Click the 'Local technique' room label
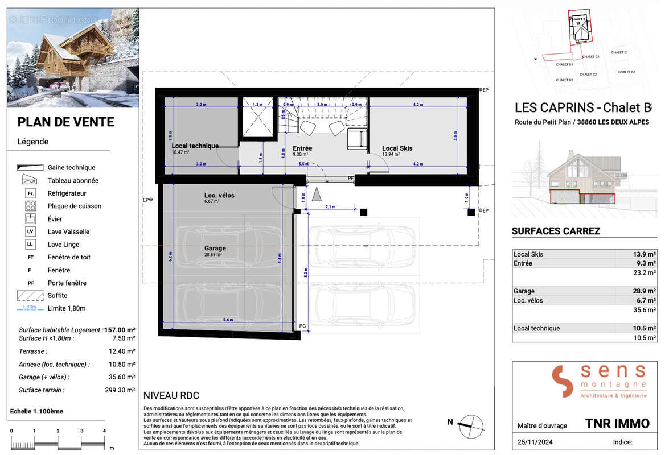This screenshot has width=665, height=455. pyautogui.click(x=195, y=146)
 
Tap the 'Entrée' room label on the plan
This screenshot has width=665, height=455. pyautogui.click(x=303, y=148)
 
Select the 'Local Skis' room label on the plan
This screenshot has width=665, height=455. pyautogui.click(x=397, y=148)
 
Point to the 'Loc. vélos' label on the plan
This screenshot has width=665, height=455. pyautogui.click(x=219, y=196)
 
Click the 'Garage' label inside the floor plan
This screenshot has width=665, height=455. pyautogui.click(x=215, y=249)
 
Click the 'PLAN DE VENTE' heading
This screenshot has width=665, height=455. pyautogui.click(x=65, y=122)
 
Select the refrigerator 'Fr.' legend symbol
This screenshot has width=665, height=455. pyautogui.click(x=31, y=193)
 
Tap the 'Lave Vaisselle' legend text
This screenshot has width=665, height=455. pyautogui.click(x=68, y=232)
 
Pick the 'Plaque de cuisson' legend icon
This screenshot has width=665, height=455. pyautogui.click(x=31, y=206)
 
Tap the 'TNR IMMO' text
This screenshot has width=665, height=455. pyautogui.click(x=617, y=423)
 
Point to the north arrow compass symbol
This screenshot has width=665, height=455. pyautogui.click(x=471, y=424)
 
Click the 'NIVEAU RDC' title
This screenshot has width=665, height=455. pyautogui.click(x=171, y=396)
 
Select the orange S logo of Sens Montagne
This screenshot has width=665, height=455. pyautogui.click(x=561, y=381)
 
